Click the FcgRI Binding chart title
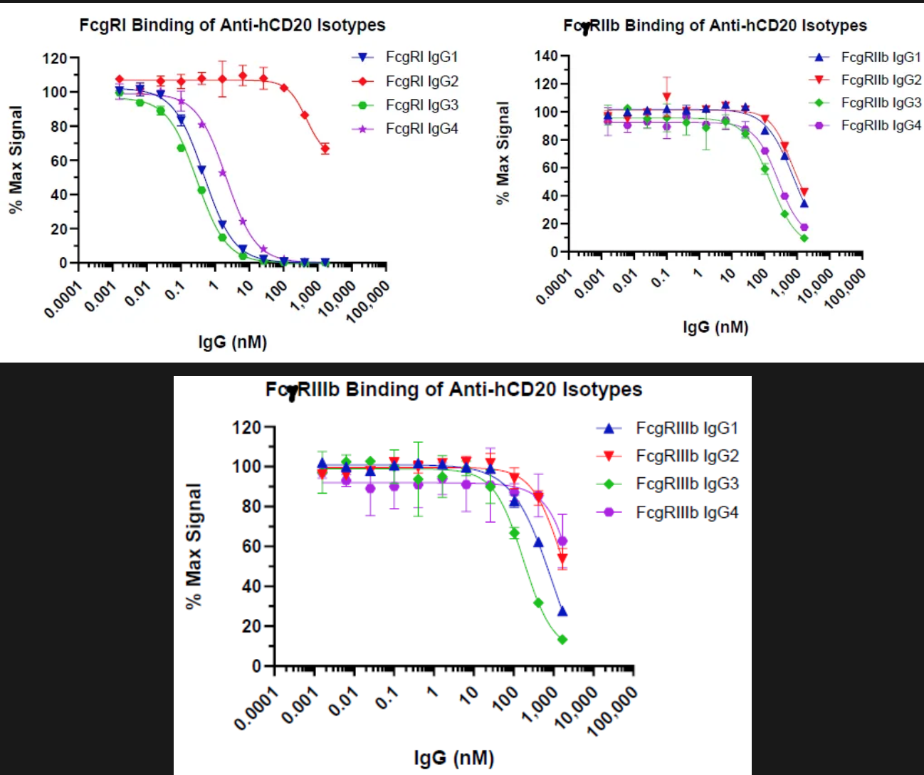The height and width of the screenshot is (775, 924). tap(232, 25)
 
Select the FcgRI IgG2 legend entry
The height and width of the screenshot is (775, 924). tap(421, 81)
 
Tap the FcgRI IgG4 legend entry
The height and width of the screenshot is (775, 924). tap(421, 129)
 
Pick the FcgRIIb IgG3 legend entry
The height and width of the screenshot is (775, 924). tap(881, 103)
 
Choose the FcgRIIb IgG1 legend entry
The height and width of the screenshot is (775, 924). tap(881, 57)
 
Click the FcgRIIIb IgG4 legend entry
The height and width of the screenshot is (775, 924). tap(687, 512)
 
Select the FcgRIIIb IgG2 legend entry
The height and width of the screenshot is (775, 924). tap(687, 456)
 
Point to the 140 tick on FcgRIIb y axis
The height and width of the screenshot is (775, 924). tap(546, 56)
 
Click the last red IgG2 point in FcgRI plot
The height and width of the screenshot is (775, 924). tap(325, 149)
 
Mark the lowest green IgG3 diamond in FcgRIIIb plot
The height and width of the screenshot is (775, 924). tap(562, 640)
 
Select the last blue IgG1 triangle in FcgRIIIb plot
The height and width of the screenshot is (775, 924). tap(562, 611)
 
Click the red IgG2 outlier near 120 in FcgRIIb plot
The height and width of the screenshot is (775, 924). tap(666, 97)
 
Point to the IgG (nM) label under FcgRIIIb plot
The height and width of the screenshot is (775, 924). tap(453, 757)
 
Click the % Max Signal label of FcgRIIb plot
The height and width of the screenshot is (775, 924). tap(503, 153)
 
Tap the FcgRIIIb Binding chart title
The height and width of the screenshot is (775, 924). tap(453, 390)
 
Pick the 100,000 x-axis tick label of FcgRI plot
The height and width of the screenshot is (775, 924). tap(368, 301)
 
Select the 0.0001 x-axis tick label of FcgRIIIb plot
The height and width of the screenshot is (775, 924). tap(255, 712)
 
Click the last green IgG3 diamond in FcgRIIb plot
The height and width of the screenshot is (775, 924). tap(804, 238)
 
